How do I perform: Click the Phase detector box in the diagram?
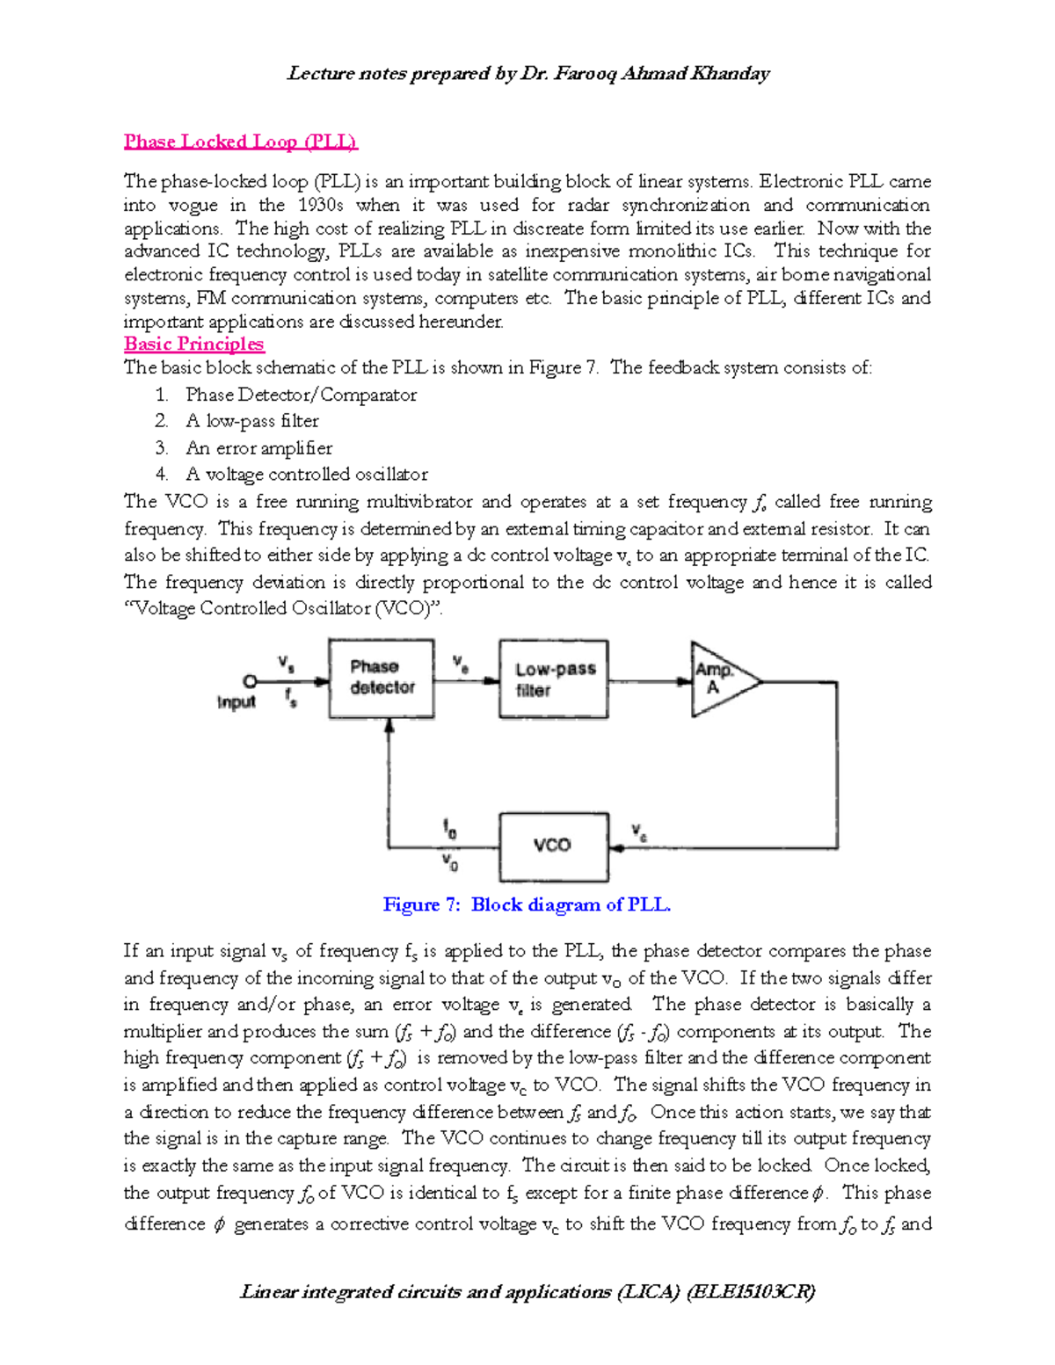(382, 679)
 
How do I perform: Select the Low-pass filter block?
(553, 679)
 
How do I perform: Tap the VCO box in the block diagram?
(553, 846)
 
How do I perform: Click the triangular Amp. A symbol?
(719, 680)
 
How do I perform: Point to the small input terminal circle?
(250, 681)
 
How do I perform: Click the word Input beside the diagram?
(236, 702)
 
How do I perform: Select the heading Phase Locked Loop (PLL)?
(240, 142)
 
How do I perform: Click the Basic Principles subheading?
(193, 344)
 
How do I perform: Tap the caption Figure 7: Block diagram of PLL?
(527, 904)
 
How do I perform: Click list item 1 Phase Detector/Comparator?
(301, 395)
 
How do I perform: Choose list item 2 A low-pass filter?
(251, 421)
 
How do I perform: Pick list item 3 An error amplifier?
(258, 448)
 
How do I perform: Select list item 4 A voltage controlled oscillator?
(306, 475)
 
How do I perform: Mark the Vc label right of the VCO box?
(639, 831)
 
